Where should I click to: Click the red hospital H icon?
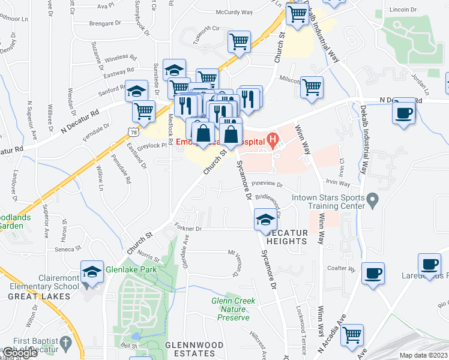pyautogui.click(x=273, y=142)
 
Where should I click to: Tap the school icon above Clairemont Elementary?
pyautogui.click(x=92, y=271)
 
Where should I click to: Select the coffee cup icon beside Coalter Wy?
pyautogui.click(x=373, y=273)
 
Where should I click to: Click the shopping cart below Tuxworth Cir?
pyautogui.click(x=239, y=41)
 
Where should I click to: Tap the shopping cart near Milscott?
pyautogui.click(x=312, y=87)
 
